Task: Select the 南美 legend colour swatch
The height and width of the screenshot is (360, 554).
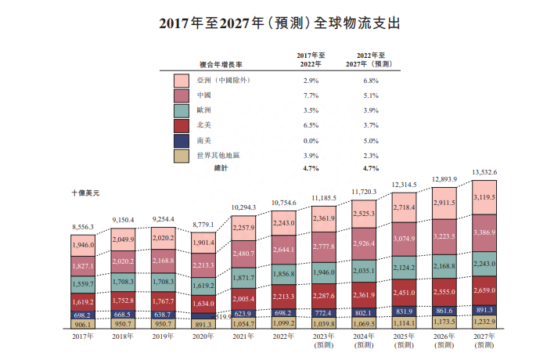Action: click(182, 140)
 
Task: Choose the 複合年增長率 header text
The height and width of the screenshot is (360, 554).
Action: click(210, 65)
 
